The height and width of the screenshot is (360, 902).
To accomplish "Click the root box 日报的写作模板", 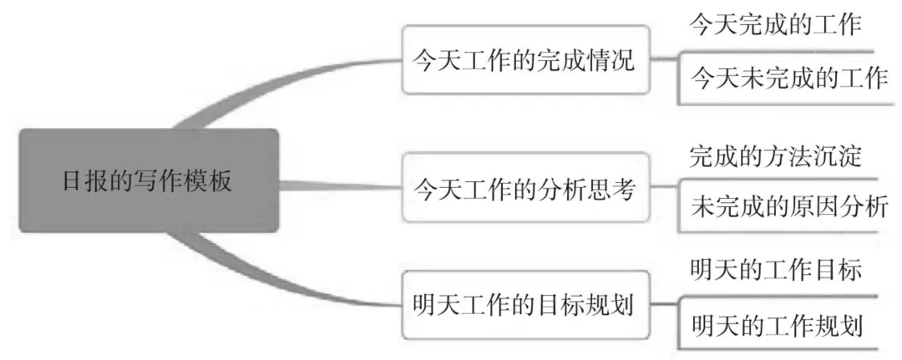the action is click(x=148, y=180).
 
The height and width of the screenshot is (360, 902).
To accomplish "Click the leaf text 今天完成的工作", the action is click(x=774, y=25).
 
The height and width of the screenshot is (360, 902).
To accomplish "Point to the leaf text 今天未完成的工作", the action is click(x=788, y=79).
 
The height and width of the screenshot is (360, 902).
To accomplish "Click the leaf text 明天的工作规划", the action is click(x=776, y=325).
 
